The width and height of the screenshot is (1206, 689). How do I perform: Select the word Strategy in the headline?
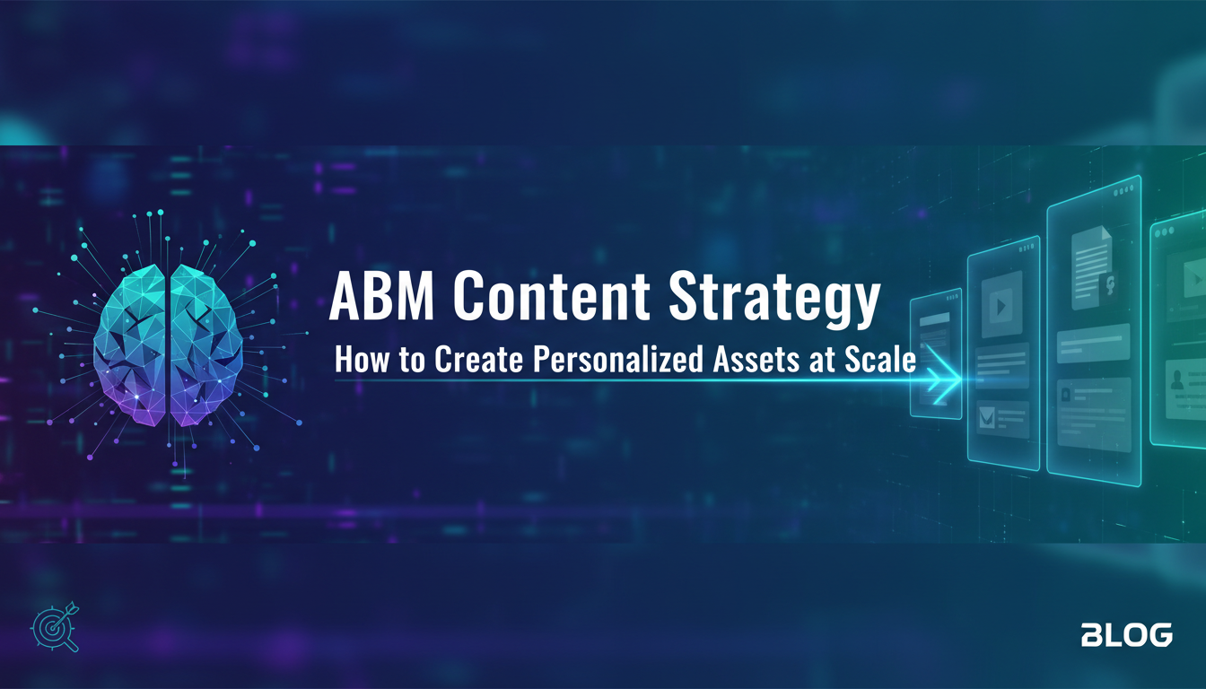coord(774,300)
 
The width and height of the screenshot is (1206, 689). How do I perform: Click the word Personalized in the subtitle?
coord(618,359)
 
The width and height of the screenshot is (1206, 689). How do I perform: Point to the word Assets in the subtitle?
coord(756,360)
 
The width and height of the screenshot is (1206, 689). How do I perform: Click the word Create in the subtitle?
coord(478,360)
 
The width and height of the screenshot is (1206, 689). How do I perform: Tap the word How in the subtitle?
coord(362,360)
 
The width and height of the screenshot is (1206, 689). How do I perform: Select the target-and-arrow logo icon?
coord(55,627)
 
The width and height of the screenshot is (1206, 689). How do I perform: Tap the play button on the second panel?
coord(1001,306)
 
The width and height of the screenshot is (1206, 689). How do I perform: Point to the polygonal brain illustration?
coord(168,345)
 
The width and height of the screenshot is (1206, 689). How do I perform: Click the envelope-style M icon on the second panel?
coord(987,417)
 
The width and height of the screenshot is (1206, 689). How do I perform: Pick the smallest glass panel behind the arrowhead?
coord(936,353)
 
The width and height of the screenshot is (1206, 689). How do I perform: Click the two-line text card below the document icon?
coord(1093,343)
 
